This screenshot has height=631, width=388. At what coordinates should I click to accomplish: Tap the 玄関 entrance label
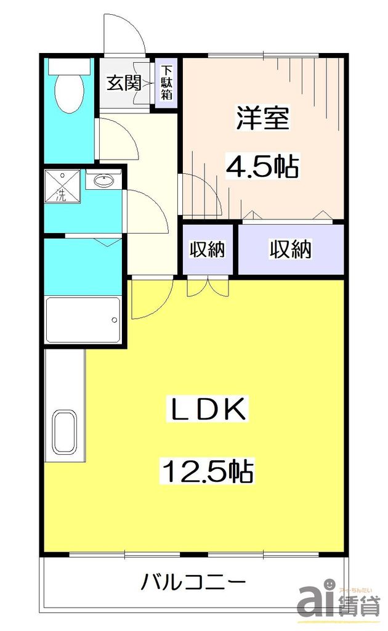tap(124, 83)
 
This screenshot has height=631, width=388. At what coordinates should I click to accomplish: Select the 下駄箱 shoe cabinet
tap(166, 83)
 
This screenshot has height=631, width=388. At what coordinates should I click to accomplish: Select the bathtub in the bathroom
tap(83, 320)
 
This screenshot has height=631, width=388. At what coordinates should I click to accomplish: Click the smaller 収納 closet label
tap(207, 250)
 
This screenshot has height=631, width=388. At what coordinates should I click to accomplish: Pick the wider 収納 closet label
tap(290, 250)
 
